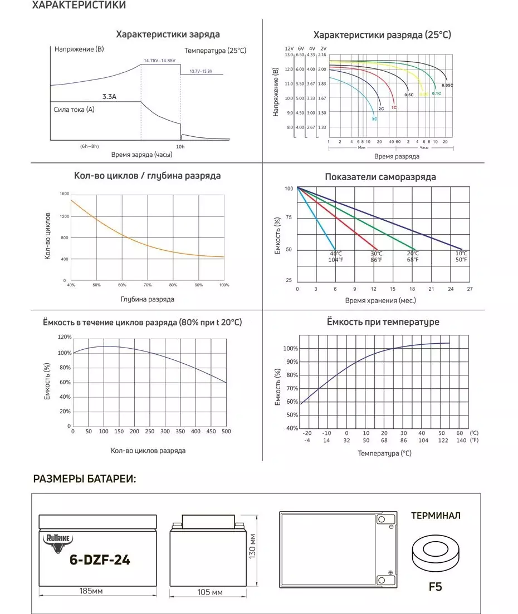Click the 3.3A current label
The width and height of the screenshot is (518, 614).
tap(109, 96)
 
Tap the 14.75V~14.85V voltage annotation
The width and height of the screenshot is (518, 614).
tap(159, 60)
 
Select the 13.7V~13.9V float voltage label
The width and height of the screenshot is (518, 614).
tap(201, 71)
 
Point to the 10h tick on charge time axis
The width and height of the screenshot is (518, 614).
tap(180, 146)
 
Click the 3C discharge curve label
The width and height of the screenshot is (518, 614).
tap(374, 119)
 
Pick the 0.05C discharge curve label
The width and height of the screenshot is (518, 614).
tap(447, 85)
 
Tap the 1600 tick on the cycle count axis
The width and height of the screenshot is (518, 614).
tap(63, 194)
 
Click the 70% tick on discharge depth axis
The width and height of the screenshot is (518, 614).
tap(148, 285)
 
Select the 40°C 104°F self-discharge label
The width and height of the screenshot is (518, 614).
tap(335, 256)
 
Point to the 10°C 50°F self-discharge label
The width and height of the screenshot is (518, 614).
tap(462, 256)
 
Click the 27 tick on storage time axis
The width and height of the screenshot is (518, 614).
tap(470, 289)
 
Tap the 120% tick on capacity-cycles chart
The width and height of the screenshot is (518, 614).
tap(65, 338)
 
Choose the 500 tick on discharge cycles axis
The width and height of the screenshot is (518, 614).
tap(226, 431)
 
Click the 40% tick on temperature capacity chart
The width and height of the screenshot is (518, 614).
tap(292, 428)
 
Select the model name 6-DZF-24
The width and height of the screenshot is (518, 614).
tap(100, 560)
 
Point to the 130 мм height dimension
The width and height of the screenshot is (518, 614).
tap(252, 547)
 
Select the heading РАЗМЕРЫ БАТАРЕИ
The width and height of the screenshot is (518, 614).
tap(85, 479)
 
